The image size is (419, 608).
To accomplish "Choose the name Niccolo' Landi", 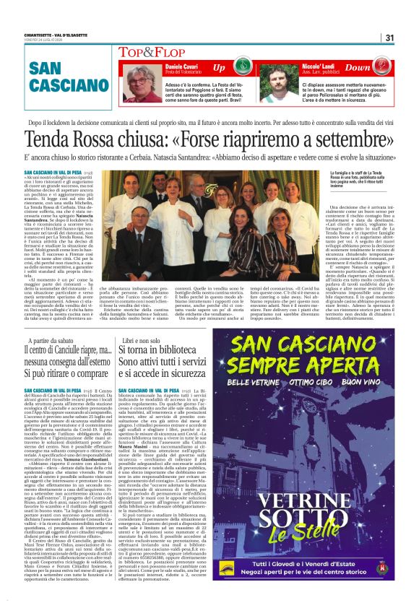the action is tap(305, 64).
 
